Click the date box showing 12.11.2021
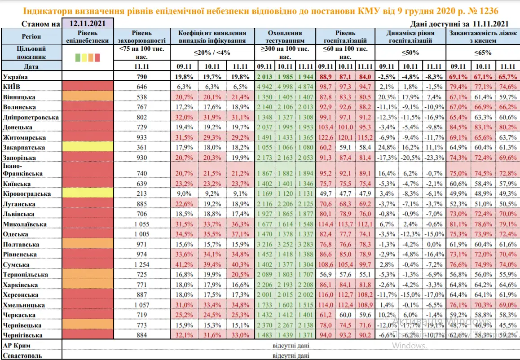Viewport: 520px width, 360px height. tap(87, 23)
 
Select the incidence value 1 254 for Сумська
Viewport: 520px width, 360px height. tap(142, 264)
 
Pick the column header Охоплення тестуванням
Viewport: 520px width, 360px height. tap(285, 36)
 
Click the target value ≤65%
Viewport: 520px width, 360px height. tap(482, 52)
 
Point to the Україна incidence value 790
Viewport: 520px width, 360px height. tap(142, 76)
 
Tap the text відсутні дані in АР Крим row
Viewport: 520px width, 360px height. tap(291, 346)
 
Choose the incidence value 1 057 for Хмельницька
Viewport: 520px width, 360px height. tap(142, 305)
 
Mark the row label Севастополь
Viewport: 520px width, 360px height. tap(22, 356)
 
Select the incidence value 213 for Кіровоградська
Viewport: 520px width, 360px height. tap(142, 194)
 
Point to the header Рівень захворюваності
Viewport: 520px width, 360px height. tap(142, 36)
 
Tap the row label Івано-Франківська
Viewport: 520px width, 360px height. tap(22, 170)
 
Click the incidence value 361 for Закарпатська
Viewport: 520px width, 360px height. tap(142, 147)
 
